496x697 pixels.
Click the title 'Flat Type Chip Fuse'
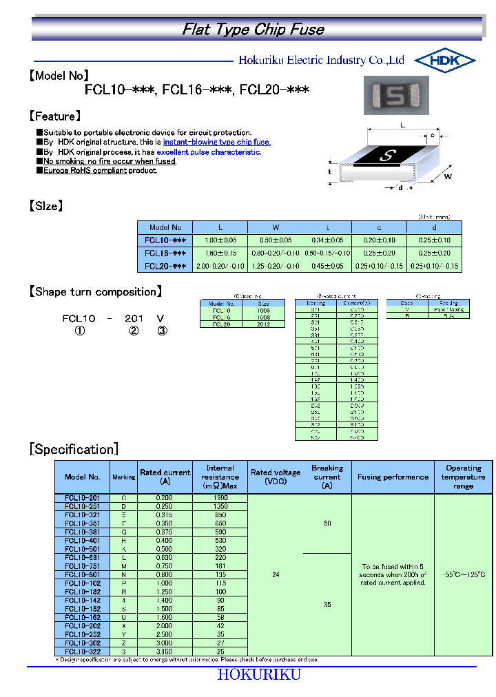pyautogui.click(x=253, y=30)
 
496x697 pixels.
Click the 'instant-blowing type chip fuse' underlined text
pyautogui.click(x=217, y=142)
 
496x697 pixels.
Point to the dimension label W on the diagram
pyautogui.click(x=447, y=176)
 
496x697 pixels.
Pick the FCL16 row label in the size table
pyautogui.click(x=165, y=253)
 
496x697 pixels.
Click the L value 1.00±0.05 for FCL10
pyautogui.click(x=220, y=240)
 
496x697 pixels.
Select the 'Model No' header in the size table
pyautogui.click(x=165, y=227)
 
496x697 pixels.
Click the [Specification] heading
pyautogui.click(x=74, y=450)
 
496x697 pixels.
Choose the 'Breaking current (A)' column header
pyautogui.click(x=327, y=477)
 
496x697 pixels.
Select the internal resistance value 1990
pyautogui.click(x=220, y=497)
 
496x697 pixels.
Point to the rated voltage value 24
pyautogui.click(x=276, y=574)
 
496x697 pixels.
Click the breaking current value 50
pyautogui.click(x=327, y=523)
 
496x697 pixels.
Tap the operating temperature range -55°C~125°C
pyautogui.click(x=463, y=574)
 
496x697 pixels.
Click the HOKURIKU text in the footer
pyautogui.click(x=259, y=675)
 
